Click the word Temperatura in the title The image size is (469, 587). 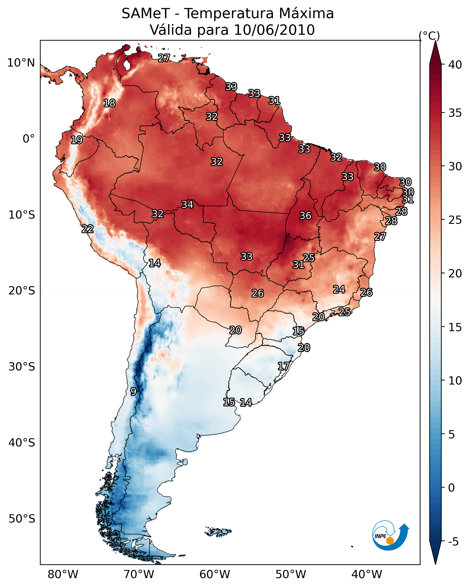(229, 13)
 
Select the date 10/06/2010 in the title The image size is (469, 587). (274, 30)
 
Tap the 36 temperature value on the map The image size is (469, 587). (305, 216)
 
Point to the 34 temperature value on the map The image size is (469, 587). (187, 205)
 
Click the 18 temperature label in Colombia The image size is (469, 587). (109, 103)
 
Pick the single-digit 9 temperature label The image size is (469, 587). (133, 392)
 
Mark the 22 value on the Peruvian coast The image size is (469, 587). (87, 229)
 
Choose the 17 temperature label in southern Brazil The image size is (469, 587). (283, 366)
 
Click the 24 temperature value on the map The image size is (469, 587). (339, 289)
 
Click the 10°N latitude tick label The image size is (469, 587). (21, 63)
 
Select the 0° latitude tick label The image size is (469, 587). (29, 139)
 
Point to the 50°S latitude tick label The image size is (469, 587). (22, 519)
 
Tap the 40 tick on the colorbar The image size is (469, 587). (455, 65)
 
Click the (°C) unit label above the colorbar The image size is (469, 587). (429, 36)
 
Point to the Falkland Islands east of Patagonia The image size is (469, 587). (218, 531)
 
